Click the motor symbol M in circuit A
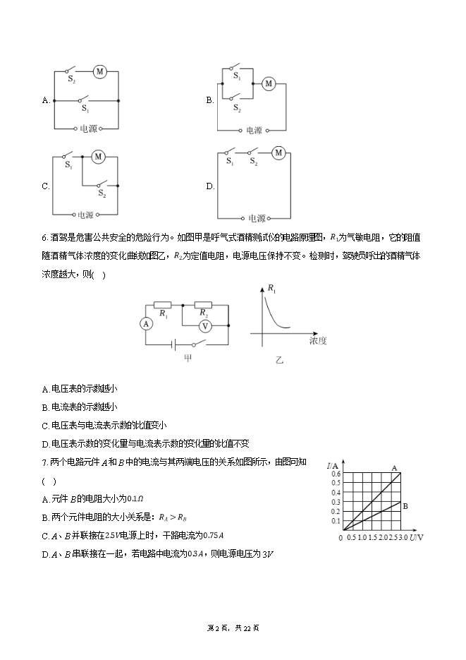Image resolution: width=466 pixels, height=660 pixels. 100,71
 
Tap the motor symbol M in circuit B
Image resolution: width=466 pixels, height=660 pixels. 268,84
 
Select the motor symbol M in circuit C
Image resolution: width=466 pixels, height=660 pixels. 98,156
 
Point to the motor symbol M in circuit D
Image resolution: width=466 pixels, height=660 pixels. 278,152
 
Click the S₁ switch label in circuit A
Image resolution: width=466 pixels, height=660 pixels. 85,109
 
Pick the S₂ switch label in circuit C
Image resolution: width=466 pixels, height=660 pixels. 102,193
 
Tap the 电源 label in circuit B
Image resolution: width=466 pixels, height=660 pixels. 253,131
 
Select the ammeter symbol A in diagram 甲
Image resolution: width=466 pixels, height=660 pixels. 146,324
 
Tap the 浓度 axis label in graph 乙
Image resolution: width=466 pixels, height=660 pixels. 318,341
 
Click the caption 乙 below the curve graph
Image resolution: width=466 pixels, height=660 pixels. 279,359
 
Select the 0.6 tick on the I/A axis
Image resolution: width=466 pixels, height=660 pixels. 336,474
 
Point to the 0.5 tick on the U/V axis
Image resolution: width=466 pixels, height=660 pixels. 351,539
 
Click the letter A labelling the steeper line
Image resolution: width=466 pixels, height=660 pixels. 394,468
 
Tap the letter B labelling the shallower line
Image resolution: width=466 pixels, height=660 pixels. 405,505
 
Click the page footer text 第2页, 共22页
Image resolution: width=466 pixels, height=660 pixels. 233,628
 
